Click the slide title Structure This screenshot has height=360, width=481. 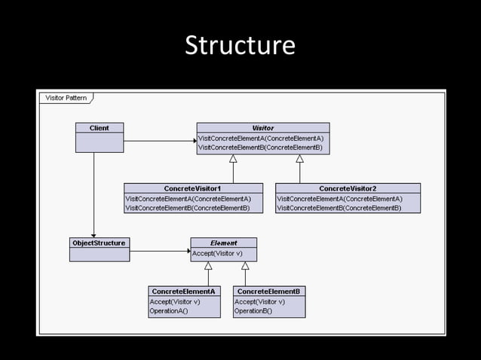(240, 45)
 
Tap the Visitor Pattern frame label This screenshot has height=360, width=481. (66, 98)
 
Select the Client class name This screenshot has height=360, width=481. (99, 128)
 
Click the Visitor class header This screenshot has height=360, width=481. (262, 128)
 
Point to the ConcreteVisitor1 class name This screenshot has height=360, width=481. (193, 188)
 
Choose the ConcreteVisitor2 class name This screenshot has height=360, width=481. (348, 188)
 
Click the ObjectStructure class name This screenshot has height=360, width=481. (99, 243)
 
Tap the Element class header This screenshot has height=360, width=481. (223, 243)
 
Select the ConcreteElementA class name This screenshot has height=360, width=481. (183, 291)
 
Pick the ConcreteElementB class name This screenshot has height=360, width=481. (268, 291)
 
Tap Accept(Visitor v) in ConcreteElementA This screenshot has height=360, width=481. (175, 301)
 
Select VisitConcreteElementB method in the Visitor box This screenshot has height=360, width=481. (260, 148)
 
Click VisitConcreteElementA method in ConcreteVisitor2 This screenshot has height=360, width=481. (339, 199)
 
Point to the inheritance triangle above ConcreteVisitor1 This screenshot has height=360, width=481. (233, 159)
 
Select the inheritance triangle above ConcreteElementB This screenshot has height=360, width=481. (245, 265)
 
